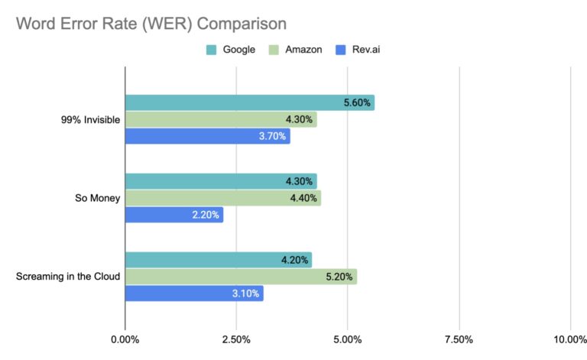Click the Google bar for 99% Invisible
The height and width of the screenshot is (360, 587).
249,103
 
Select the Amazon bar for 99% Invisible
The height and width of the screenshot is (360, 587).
220,120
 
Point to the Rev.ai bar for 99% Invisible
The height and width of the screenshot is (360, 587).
207,136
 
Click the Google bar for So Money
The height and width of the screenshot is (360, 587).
220,181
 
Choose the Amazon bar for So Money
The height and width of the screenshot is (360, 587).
222,198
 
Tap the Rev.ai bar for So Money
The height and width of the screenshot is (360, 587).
174,215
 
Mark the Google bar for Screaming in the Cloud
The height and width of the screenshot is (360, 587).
218,260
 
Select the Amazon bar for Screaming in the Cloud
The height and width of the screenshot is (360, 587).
240,277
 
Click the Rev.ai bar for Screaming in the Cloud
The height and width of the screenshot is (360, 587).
193,293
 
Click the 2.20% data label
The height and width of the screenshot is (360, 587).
206,215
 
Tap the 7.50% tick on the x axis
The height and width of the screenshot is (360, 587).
459,339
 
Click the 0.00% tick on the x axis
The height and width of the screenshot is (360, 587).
125,339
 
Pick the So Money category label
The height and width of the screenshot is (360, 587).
96,198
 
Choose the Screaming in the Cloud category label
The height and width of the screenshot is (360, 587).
68,277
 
